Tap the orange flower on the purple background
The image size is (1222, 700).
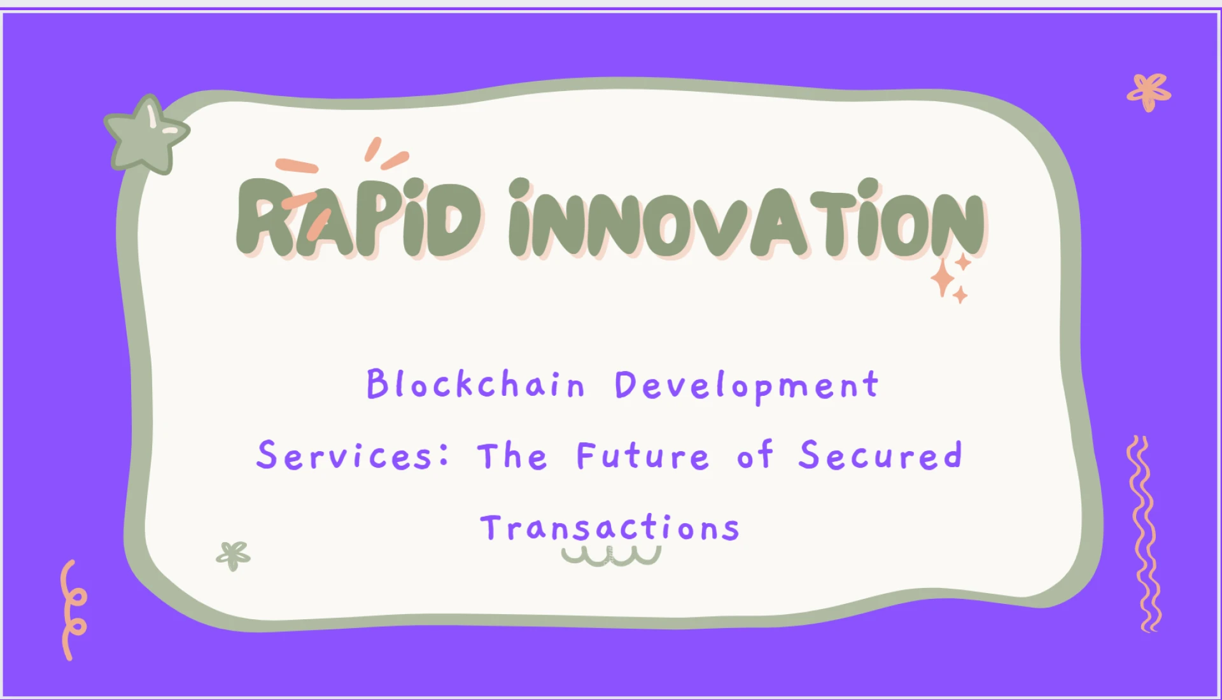pos(1149,93)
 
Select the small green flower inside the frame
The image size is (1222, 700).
pos(233,556)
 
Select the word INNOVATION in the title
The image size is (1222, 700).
pos(747,220)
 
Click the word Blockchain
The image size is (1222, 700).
pos(475,384)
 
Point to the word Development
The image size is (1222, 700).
pos(747,386)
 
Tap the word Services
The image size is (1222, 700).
pos(345,456)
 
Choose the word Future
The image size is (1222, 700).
pos(642,456)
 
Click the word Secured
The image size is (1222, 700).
pos(880,456)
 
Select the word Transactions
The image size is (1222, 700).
pos(610,528)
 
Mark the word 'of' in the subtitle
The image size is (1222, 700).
pos(755,456)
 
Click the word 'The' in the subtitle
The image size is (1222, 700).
pos(512,456)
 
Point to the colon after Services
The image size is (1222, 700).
pos(444,454)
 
